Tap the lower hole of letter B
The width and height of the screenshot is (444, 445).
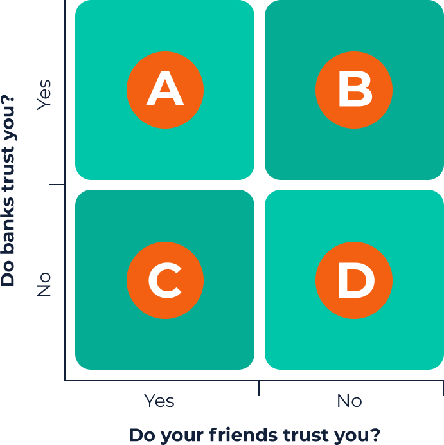click(353, 98)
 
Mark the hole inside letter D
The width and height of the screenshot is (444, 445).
click(355, 280)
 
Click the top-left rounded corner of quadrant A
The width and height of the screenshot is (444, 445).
click(79, 4)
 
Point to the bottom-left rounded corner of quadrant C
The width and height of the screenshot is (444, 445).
click(79, 366)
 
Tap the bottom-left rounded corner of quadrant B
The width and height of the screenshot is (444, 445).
click(269, 176)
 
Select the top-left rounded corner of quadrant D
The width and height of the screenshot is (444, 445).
click(269, 194)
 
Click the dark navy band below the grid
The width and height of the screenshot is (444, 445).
click(222, 408)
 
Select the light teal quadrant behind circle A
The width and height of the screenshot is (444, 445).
click(103, 148)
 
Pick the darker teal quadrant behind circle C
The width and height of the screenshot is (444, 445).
click(103, 341)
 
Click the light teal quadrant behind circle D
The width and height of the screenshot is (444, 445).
click(411, 341)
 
